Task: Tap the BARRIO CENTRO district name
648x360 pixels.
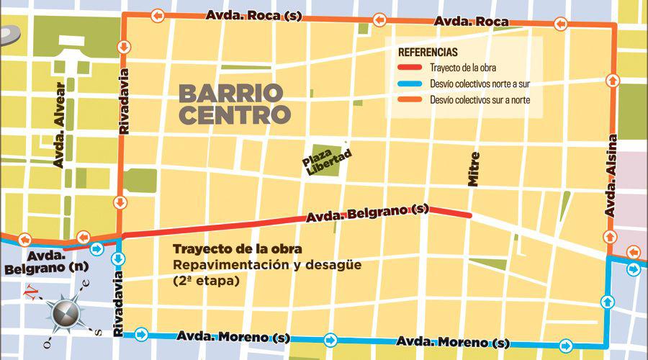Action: click(235, 104)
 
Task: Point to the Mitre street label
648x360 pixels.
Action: click(473, 169)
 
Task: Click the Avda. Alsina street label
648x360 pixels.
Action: click(611, 176)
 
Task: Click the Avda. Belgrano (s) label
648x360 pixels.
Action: click(368, 212)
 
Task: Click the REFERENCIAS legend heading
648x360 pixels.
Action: click(428, 53)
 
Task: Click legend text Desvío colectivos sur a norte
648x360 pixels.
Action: click(480, 100)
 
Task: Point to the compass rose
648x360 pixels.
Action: click(66, 312)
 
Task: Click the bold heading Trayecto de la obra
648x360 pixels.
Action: click(237, 249)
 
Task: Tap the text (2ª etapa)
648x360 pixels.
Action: click(205, 282)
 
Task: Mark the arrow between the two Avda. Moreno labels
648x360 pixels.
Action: click(330, 338)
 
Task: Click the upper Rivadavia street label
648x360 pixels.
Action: click(125, 100)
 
